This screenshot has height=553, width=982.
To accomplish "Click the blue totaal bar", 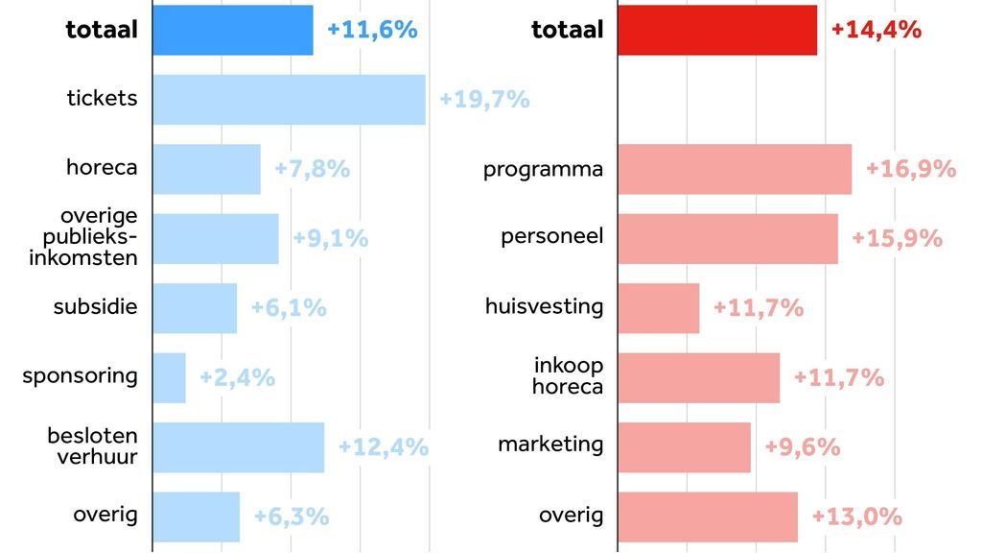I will [x=232, y=30].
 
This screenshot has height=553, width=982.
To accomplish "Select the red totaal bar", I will [x=717, y=30].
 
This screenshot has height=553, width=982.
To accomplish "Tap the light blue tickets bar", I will [x=289, y=99].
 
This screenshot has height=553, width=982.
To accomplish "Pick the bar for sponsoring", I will [x=169, y=377].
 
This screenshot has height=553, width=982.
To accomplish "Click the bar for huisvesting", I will [x=659, y=308].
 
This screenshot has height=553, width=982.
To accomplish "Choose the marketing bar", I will [x=684, y=446].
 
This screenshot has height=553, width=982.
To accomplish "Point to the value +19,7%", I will [x=484, y=99].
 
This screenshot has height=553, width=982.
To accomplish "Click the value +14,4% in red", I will [x=877, y=30].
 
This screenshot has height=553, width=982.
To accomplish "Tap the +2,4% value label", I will [x=237, y=377].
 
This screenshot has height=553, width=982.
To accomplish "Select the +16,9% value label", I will [x=911, y=169].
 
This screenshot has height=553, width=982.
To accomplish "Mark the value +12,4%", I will [x=384, y=446].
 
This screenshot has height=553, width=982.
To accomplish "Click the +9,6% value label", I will [x=803, y=446].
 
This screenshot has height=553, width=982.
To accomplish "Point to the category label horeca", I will [x=102, y=167].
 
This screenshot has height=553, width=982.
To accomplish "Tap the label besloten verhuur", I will [x=92, y=446].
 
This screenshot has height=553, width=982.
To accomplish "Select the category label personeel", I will [x=552, y=236].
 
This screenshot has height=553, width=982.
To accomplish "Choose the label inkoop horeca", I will [x=569, y=376].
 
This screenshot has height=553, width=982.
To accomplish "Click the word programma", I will [x=543, y=170].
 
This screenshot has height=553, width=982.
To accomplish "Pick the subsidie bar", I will [x=195, y=308].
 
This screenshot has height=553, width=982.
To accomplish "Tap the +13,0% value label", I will [x=857, y=517].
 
